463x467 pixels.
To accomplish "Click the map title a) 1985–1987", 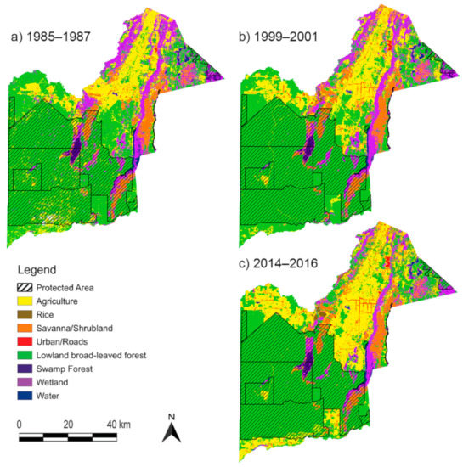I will (50, 37).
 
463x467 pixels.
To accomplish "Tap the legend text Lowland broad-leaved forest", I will (102, 356).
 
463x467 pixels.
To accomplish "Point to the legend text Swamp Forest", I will (74, 369).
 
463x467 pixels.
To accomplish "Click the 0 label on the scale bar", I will (20, 424).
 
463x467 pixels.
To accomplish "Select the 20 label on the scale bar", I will (69, 424).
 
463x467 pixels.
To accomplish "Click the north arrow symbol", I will (171, 430).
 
